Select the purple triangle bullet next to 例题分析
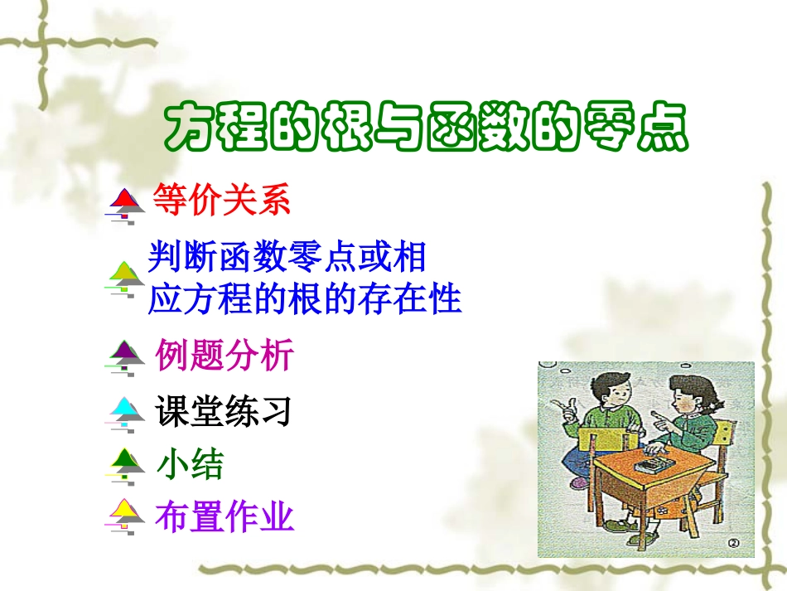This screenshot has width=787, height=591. [126, 355]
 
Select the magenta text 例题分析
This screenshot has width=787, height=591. [225, 356]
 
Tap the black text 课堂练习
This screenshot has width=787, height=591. [224, 411]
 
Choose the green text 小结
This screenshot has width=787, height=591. [190, 464]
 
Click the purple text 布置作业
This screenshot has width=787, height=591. [225, 517]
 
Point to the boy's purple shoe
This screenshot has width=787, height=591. [580, 482]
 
